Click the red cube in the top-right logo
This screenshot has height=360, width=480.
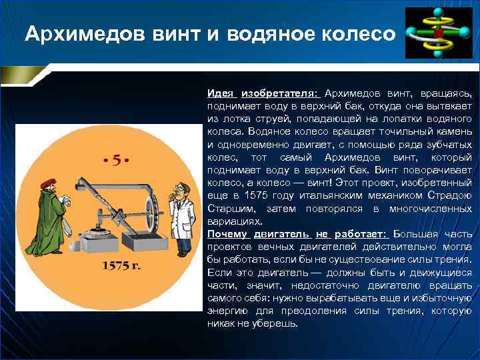click(438, 31)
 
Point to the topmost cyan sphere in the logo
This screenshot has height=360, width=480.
click(439, 13)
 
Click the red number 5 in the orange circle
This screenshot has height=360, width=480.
click(116, 160)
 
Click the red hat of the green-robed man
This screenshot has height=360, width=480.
click(48, 184)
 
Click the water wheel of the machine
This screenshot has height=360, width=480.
click(153, 210)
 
